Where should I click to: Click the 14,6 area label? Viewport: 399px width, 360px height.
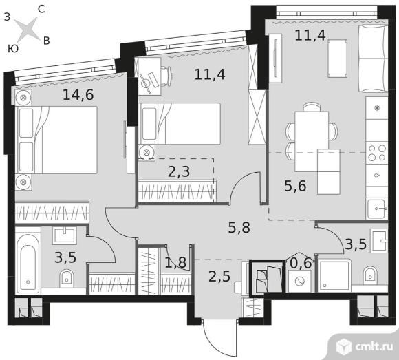(78, 95)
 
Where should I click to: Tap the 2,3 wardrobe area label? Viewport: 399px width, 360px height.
(179, 171)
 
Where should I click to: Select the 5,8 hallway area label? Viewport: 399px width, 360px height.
(239, 228)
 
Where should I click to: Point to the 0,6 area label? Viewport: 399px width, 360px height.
(301, 263)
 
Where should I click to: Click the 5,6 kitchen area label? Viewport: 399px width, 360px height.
(295, 186)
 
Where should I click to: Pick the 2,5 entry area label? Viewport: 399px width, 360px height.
(219, 277)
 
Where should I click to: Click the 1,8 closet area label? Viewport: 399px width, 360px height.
(175, 262)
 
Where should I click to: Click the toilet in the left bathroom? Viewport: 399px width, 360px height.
(67, 278)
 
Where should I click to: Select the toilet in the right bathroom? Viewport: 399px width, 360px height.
(370, 275)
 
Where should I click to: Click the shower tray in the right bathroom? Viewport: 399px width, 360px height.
(334, 275)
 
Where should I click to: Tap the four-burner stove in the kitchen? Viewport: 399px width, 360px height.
(377, 153)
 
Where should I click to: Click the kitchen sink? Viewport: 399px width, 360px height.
(377, 209)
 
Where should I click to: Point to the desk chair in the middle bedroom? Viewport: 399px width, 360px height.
(166, 76)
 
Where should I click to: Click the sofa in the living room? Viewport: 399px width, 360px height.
(374, 59)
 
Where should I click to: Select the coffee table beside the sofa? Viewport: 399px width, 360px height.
(337, 59)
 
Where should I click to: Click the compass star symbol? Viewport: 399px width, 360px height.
(27, 29)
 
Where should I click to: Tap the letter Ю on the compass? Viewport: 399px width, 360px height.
(12, 48)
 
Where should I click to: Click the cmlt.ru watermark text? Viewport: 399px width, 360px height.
(374, 346)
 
